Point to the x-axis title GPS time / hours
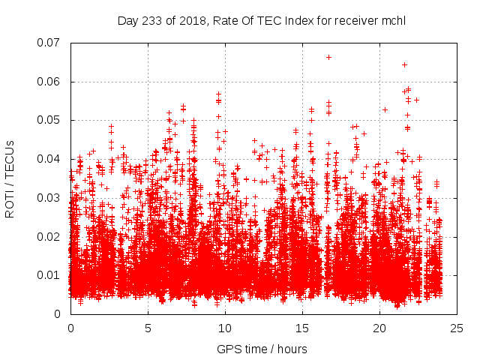pos(262,349)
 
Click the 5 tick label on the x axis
pos(148,328)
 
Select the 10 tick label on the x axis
pos(225,328)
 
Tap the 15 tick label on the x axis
pos(302,328)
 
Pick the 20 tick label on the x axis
pos(379,328)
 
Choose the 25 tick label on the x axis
pos(457,328)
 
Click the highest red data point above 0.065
pos(328,57)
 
